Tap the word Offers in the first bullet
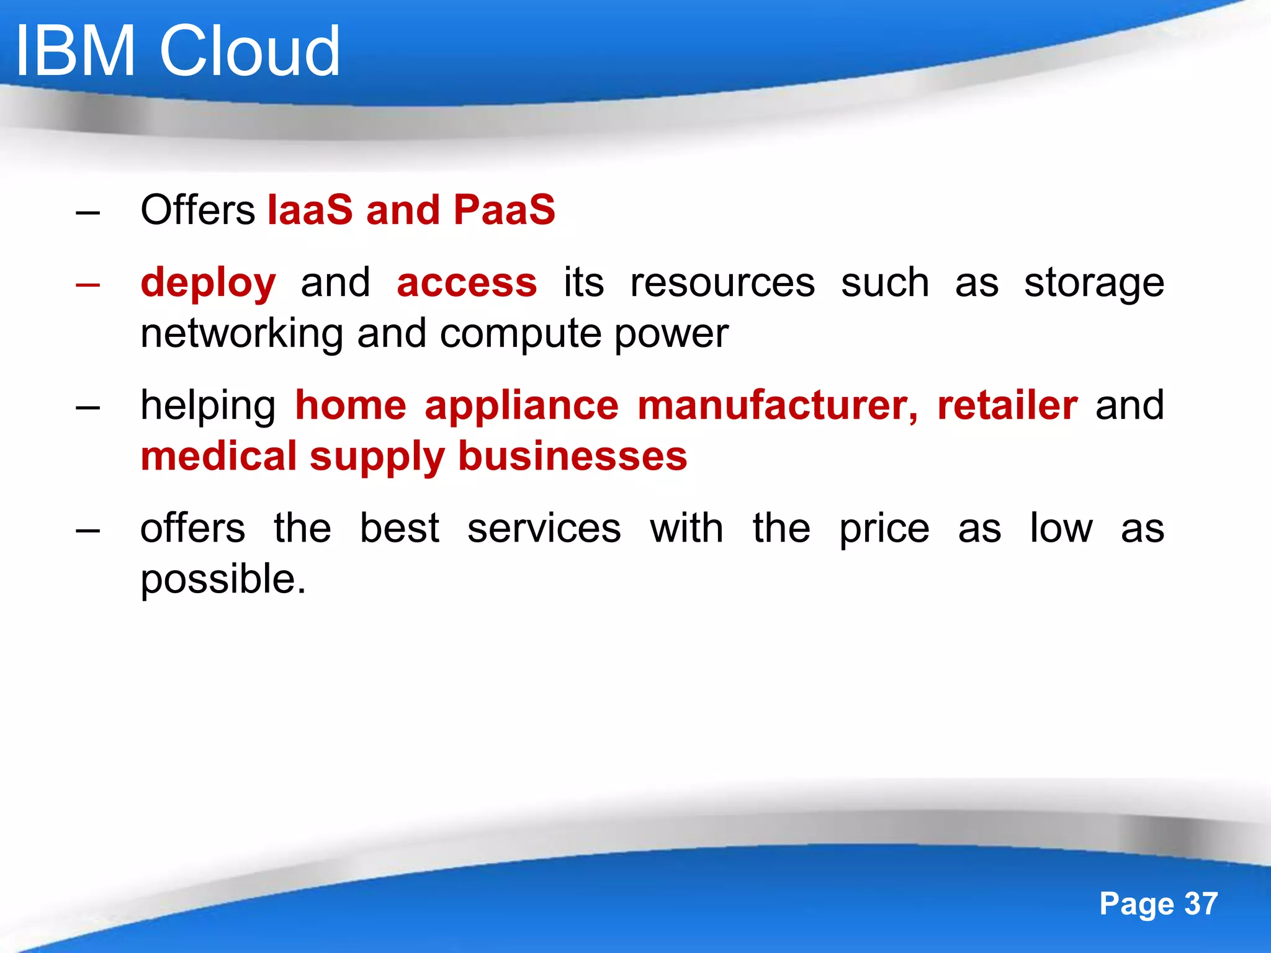(197, 210)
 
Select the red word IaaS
(310, 210)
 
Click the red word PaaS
(504, 210)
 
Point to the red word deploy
(208, 284)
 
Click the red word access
(467, 283)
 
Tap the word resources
(722, 283)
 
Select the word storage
(1094, 284)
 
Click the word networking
(241, 334)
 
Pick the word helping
(208, 406)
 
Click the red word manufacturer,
(778, 406)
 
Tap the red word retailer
(1007, 406)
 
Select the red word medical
(218, 456)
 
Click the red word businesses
(572, 456)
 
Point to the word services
(544, 529)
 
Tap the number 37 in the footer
(1201, 903)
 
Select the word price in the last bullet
(884, 530)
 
